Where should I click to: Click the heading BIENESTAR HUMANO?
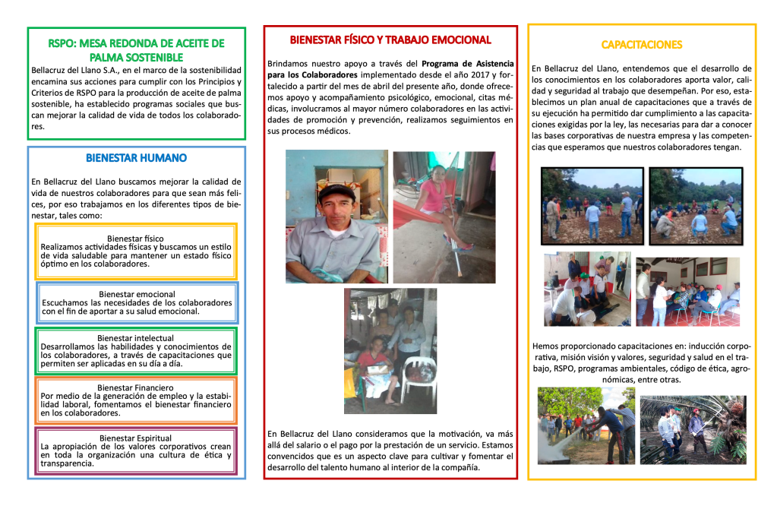[x=136, y=158]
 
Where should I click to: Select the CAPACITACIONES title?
[x=641, y=44]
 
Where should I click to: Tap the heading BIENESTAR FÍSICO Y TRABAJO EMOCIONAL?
[x=390, y=40]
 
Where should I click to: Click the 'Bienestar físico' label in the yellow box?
[x=135, y=239]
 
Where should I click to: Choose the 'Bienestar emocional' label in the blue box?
[x=137, y=294]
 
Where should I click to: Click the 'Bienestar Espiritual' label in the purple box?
[x=136, y=438]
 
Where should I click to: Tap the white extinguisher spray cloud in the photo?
[x=562, y=444]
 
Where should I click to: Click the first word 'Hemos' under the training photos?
[x=545, y=346]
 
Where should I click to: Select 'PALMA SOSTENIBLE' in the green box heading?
[x=136, y=57]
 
